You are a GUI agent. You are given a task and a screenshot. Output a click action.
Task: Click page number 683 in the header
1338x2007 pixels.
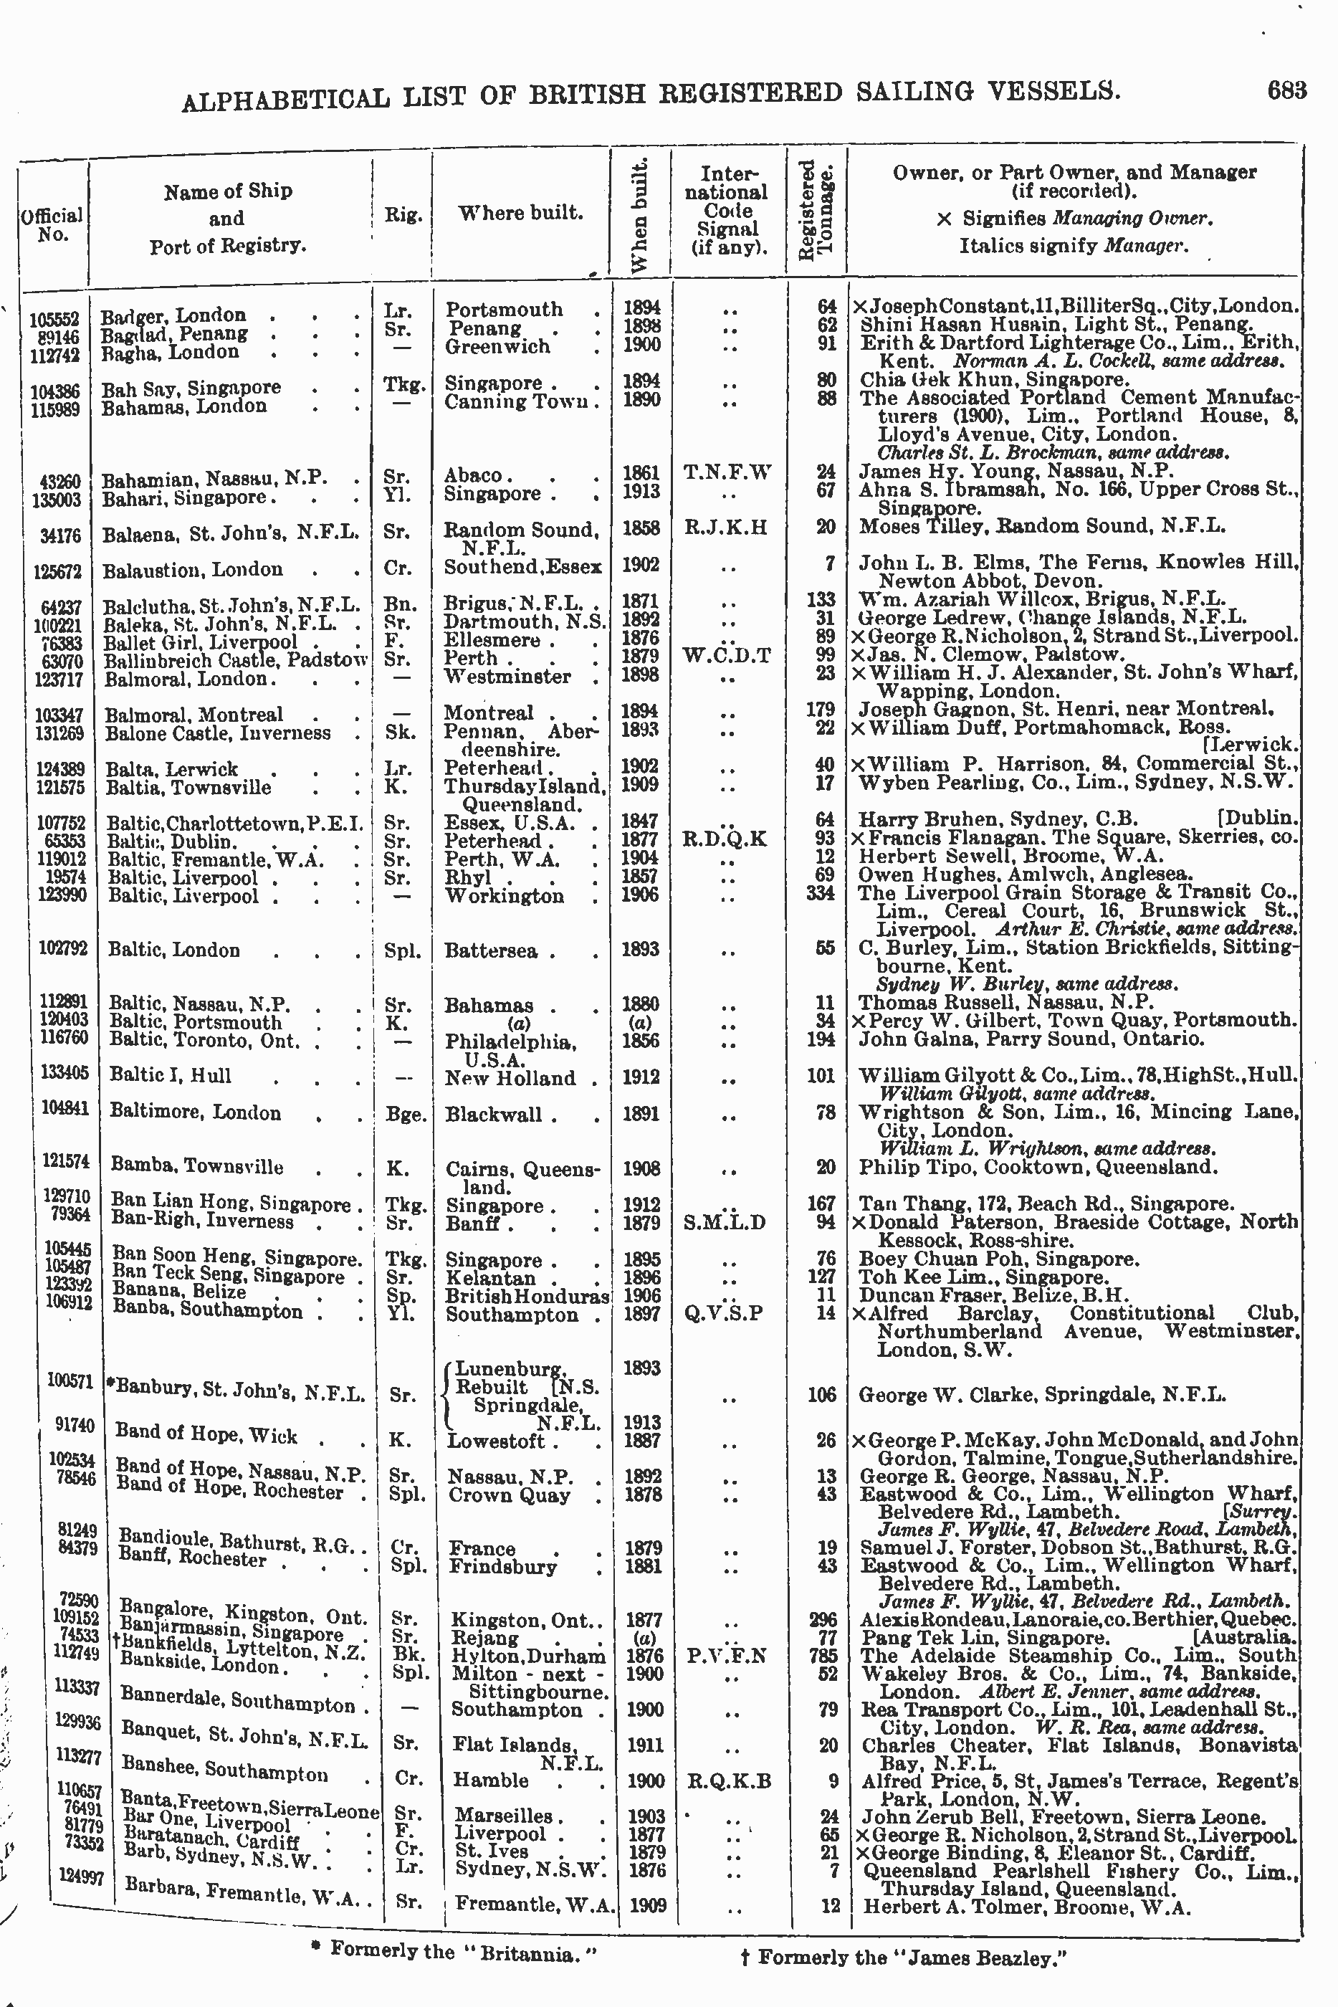click(x=1287, y=90)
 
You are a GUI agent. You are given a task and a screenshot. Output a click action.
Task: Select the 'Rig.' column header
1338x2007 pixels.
click(x=403, y=214)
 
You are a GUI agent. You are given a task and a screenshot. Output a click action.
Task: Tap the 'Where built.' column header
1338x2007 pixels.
click(x=520, y=212)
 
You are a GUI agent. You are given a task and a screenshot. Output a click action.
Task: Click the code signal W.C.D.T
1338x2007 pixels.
click(x=727, y=655)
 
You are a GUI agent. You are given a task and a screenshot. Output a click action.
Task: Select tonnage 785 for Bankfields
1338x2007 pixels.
click(x=825, y=1656)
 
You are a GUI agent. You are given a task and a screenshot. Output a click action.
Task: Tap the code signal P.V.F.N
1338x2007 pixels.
click(x=727, y=1656)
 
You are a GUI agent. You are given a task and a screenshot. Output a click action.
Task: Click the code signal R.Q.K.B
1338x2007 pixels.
click(x=728, y=1781)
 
